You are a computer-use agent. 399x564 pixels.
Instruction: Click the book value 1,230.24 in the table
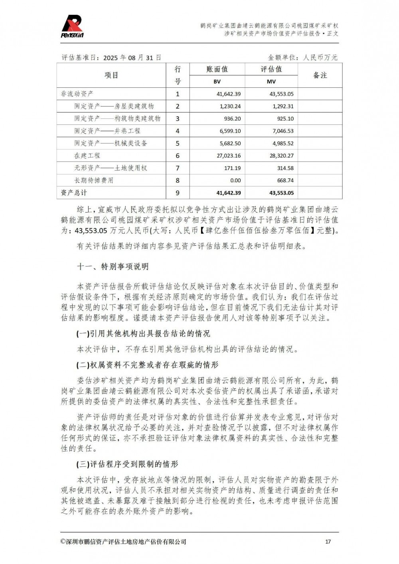coord(230,106)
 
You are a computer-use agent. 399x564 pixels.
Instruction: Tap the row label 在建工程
coord(87,156)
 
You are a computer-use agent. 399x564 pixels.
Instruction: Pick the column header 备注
coord(320,75)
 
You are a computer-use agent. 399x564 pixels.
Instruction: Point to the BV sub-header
coord(217,81)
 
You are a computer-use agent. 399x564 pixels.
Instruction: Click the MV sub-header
coord(271,81)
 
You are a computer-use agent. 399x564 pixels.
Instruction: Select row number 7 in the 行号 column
coord(178,168)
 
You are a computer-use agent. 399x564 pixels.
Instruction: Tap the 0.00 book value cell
coord(235,180)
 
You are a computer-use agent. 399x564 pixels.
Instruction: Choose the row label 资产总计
coord(74,193)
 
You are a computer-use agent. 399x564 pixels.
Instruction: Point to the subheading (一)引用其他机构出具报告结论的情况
coord(143,333)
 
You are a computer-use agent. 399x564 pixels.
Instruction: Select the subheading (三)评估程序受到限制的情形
coord(127,464)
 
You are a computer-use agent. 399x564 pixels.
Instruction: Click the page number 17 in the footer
coord(328,542)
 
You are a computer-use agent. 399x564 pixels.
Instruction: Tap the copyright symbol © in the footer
coord(63,542)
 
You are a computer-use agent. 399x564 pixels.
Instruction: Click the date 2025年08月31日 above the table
coord(132,58)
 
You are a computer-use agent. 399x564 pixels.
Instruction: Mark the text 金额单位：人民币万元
coord(303,58)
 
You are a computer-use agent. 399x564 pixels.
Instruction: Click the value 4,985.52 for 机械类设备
coord(283,143)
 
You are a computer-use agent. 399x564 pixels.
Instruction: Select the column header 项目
coord(111,75)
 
